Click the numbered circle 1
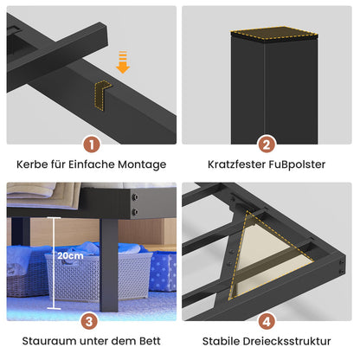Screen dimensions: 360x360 point(92,145)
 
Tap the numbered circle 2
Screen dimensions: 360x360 point(267,145)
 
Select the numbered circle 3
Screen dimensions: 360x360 point(89,321)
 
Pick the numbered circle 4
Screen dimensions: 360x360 point(267,321)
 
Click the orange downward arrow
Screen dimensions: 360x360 point(123,62)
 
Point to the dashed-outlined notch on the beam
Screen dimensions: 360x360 point(101,94)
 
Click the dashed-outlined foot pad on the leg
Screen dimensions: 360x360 point(274,33)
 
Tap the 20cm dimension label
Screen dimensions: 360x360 point(70,255)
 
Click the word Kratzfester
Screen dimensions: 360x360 point(236,164)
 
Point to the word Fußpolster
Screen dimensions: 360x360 point(297,164)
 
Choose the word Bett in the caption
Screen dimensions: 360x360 point(150,341)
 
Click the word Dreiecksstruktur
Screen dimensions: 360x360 point(286,341)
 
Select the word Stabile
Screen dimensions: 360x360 point(221,341)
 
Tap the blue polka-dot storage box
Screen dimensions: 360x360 point(163,271)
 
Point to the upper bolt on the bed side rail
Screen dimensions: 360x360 point(134,197)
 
